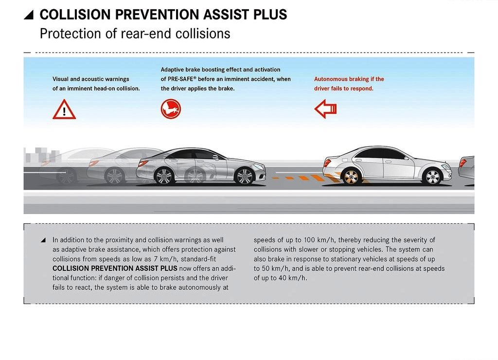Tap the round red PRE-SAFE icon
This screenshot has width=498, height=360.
point(171,109)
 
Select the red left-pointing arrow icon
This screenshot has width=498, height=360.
point(325,108)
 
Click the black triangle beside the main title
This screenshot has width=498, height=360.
point(29,15)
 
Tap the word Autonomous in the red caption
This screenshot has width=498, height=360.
point(331,79)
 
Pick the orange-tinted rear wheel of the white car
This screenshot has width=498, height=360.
point(351,177)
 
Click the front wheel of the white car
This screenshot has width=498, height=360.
point(432,177)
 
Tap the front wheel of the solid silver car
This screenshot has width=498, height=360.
point(245,176)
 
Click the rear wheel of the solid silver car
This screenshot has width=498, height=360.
point(164,176)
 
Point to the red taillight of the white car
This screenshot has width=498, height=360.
point(327,162)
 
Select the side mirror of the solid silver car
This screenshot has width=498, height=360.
point(215,157)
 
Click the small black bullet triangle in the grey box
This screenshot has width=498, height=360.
point(43,240)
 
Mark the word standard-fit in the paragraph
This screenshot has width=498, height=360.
point(198,259)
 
